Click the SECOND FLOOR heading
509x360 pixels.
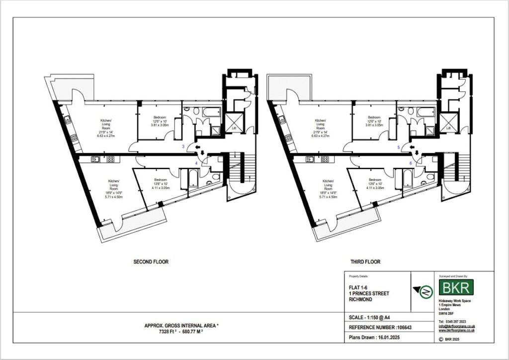(x=151, y=262)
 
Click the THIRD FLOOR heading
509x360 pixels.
(x=365, y=262)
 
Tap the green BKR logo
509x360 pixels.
(x=456, y=287)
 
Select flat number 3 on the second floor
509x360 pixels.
(x=183, y=146)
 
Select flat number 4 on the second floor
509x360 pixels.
(x=196, y=163)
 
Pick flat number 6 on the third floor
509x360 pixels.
(x=411, y=163)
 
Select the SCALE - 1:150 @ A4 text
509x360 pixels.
(x=371, y=317)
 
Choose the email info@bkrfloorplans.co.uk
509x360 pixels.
(x=456, y=326)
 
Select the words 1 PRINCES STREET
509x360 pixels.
(x=369, y=293)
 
